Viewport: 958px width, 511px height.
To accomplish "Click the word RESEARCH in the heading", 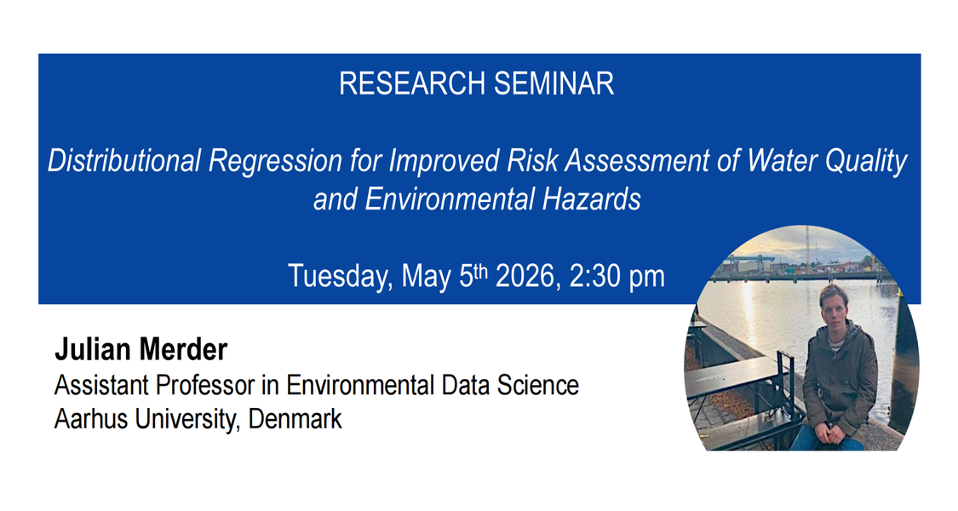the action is coord(412,83).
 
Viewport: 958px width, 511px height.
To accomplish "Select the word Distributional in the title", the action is coord(124,161).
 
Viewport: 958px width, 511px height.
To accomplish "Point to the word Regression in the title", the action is coord(275,162).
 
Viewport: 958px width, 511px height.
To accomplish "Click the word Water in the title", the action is coord(782,160).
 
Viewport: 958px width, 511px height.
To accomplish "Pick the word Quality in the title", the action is coord(866,162).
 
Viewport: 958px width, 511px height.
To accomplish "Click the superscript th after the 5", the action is coord(481,270).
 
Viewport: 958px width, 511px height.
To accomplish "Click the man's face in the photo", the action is coord(834,308).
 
